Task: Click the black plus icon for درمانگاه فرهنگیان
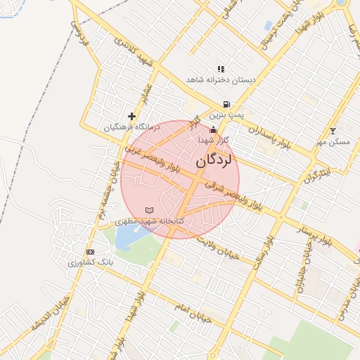point(131,116)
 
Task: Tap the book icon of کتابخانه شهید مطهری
point(148,210)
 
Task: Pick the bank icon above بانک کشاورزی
point(90,252)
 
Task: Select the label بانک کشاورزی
point(90,263)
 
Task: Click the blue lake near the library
point(127,238)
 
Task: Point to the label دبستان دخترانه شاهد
point(221,80)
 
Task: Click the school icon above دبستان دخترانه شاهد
point(221,69)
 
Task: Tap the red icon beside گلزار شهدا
point(214,129)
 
